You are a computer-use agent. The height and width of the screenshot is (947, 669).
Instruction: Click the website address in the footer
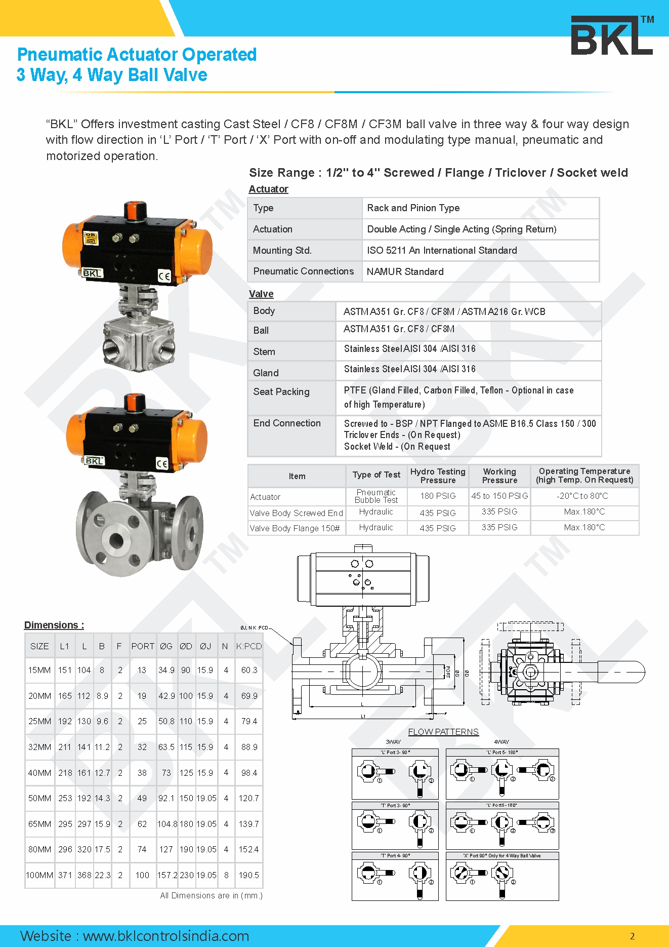coord(135,935)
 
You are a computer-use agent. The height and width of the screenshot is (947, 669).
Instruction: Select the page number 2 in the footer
coord(632,936)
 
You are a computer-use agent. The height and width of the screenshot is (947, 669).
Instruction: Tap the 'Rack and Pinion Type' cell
coord(413,208)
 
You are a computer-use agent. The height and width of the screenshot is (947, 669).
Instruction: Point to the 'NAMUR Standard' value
coord(405,271)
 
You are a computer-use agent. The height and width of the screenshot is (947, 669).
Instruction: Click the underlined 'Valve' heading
coord(261,294)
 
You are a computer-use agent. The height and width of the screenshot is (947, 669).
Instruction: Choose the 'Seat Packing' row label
coord(281,391)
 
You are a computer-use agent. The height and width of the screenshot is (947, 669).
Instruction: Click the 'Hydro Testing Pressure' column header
coord(438,476)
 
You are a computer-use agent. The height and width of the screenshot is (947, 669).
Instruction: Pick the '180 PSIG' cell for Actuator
coord(438,496)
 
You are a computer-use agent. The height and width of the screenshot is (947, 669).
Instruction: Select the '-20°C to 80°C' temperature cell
coord(584,496)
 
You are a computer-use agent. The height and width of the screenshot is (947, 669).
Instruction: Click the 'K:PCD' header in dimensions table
coord(249,646)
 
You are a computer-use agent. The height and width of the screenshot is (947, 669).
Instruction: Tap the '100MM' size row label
coord(39,875)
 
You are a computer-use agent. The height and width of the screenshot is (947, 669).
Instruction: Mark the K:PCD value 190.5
coord(249,875)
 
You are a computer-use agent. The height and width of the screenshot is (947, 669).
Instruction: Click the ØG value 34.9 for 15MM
coord(166,670)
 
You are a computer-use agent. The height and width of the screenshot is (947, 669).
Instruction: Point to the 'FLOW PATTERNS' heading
coord(443,732)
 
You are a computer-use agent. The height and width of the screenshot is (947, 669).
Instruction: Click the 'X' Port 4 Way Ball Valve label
coord(502,856)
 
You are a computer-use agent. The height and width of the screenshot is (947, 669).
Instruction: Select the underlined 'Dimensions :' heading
coord(54,625)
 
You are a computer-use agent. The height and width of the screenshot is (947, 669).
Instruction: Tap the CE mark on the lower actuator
coord(162,463)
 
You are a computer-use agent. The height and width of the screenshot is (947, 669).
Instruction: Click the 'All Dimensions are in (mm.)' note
coord(211,895)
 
